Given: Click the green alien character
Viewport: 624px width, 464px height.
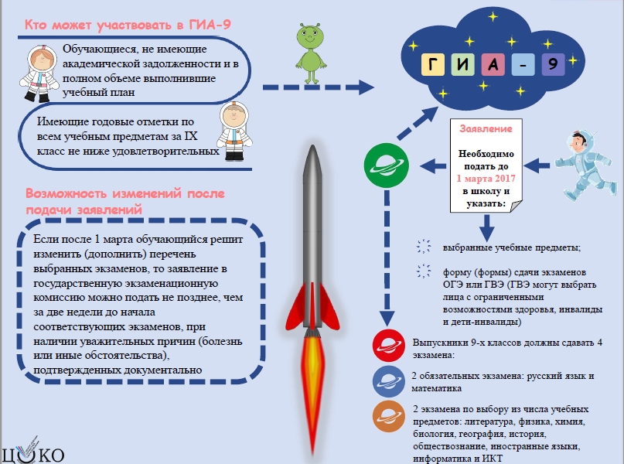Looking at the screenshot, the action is [311, 53].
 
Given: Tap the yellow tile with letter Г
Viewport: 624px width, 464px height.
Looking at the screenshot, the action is [432, 64].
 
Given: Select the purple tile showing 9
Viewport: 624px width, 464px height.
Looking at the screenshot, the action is [553, 64].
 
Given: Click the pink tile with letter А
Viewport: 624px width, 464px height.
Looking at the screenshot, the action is [493, 64].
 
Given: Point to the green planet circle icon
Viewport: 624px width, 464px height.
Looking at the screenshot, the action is [386, 165].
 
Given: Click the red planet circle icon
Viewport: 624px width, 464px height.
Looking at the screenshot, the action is [389, 346].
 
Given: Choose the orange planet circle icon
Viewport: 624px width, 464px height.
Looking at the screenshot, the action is [389, 416].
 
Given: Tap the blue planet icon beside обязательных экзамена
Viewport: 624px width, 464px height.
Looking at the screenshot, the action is [389, 381].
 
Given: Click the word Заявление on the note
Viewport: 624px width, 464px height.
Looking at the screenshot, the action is [486, 128].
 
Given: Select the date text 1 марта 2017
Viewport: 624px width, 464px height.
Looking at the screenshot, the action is [486, 179].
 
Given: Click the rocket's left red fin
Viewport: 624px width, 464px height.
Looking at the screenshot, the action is [295, 307].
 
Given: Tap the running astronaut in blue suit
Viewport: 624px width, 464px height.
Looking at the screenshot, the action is [584, 165].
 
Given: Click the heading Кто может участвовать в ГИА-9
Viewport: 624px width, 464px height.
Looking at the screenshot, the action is [128, 25].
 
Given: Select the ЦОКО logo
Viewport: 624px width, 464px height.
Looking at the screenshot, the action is [32, 452].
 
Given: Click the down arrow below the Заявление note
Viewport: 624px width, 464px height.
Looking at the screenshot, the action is [486, 227].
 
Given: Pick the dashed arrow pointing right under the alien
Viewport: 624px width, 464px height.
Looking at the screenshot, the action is [319, 87].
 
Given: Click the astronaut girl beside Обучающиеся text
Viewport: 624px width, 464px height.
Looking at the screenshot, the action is [39, 73].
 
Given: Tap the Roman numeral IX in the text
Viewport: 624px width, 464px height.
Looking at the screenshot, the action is [191, 136].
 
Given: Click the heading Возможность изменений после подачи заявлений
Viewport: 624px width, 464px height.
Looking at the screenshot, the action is [125, 201].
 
